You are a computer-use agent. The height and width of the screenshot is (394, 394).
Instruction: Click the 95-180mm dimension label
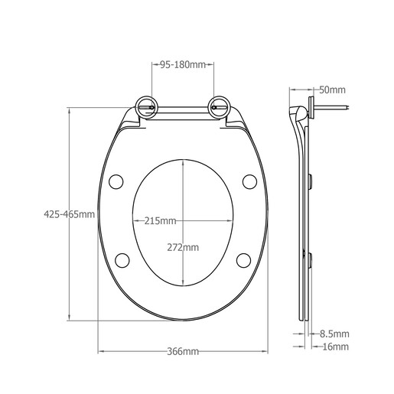(x=183, y=65)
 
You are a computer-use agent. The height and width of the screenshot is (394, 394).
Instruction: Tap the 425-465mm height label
(x=69, y=214)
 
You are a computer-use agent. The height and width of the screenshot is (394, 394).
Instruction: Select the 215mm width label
(x=161, y=221)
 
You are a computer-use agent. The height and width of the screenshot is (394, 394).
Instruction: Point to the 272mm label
(x=183, y=247)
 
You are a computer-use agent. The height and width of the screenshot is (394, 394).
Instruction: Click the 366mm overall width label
(x=183, y=352)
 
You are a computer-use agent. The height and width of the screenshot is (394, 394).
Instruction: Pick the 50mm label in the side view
(x=332, y=90)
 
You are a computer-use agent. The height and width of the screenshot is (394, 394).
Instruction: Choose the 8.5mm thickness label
(x=334, y=334)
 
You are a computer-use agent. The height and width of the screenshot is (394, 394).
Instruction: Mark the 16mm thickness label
(x=336, y=347)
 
